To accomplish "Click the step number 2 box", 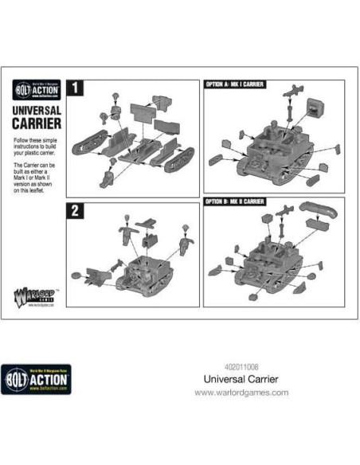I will pos(74,210).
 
